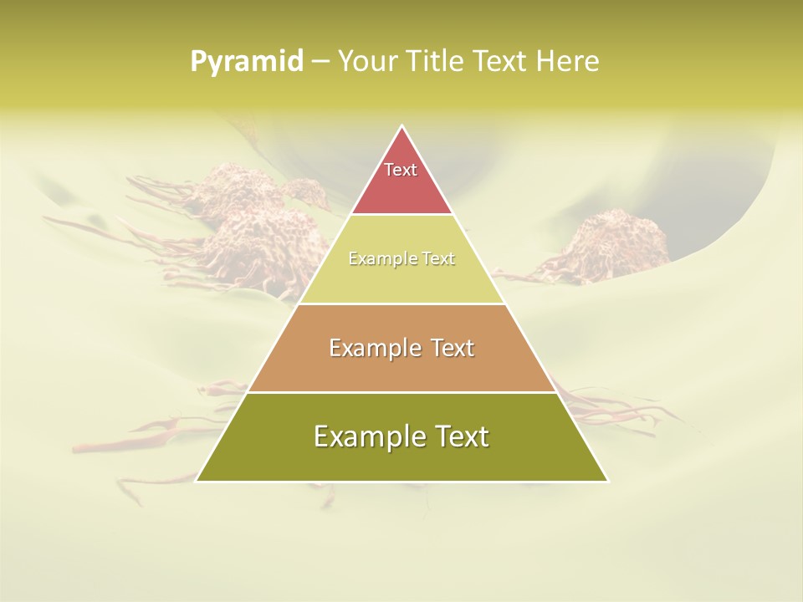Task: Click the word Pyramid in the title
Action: point(247,62)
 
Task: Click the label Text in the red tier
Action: point(401,170)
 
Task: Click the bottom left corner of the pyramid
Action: point(197,481)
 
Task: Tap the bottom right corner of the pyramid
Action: point(607,481)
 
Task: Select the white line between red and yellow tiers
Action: point(401,214)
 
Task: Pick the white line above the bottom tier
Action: point(401,392)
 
